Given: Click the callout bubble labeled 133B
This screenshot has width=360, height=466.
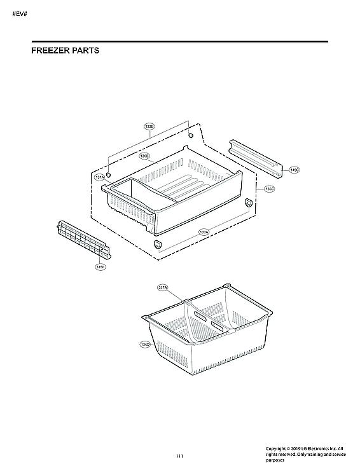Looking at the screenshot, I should (149, 127).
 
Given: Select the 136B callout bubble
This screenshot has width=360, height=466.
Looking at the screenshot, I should (144, 155).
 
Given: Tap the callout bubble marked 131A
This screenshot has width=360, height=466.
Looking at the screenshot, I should (100, 177).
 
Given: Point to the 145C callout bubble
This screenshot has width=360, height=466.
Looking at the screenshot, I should (294, 170).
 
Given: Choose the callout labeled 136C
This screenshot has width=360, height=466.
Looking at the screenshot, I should (269, 189).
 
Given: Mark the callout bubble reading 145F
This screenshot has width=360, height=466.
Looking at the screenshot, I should (100, 267).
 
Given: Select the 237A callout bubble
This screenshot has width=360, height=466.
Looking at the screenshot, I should (162, 288).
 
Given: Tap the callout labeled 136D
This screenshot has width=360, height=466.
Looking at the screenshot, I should (145, 344).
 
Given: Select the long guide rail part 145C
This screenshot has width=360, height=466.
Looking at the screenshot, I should (254, 156).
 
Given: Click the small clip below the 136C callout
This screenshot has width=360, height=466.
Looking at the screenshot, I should (248, 202).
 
